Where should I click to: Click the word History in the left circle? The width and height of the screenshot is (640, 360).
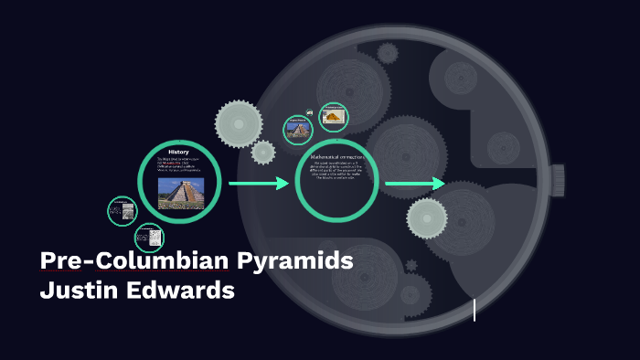click(x=178, y=151)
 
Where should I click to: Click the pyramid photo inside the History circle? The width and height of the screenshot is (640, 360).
click(x=180, y=193)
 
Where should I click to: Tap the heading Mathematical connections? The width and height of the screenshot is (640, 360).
click(x=337, y=157)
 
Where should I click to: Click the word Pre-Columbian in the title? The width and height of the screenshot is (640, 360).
click(x=134, y=260)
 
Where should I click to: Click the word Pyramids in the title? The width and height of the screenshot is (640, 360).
click(x=294, y=260)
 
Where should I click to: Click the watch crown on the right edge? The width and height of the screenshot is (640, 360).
click(x=558, y=180)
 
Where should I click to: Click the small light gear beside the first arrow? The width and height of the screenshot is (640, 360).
click(x=263, y=152)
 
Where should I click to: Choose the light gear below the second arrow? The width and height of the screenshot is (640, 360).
click(x=426, y=218)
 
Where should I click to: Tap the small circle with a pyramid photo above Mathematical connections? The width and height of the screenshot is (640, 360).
click(x=297, y=129)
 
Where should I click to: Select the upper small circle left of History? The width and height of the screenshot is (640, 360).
click(x=123, y=211)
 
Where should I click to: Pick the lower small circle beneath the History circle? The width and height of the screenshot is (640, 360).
click(x=149, y=238)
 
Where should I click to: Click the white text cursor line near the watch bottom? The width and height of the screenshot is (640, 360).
click(x=475, y=310)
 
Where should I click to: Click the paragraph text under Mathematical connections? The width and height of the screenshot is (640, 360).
click(x=337, y=173)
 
